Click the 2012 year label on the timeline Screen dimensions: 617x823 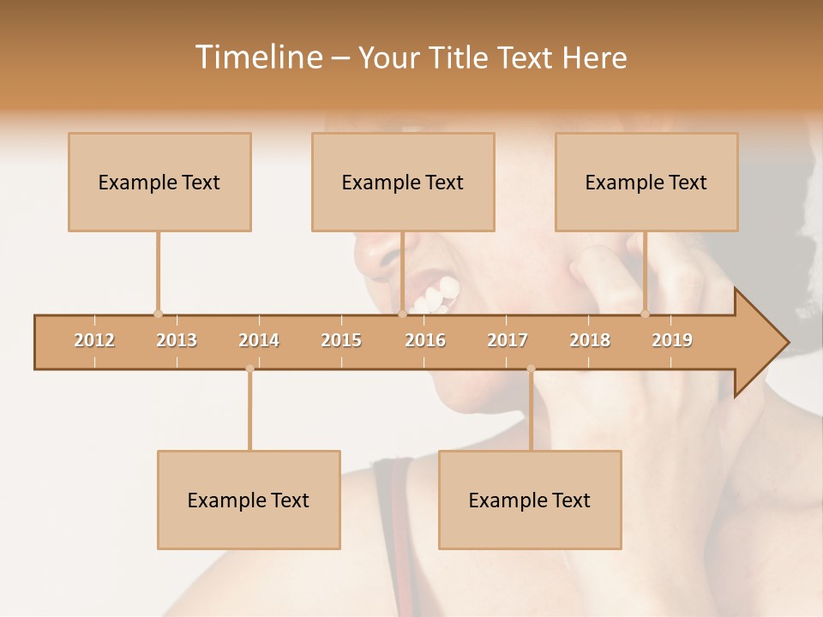(94, 340)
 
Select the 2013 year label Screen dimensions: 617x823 (177, 340)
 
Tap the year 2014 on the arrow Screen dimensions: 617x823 (259, 340)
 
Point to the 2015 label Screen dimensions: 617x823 (341, 340)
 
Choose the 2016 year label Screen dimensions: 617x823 (425, 340)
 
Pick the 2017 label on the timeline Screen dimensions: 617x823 (508, 340)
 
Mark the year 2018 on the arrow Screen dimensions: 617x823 (590, 340)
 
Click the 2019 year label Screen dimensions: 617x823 (672, 340)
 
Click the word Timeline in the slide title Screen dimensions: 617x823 (257, 57)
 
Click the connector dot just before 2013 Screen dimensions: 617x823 (158, 314)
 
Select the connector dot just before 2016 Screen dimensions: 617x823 (402, 314)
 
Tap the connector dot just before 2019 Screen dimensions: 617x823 (646, 314)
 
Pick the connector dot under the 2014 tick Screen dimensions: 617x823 (249, 369)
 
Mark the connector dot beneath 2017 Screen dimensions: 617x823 (531, 369)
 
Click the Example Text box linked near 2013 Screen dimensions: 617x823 (159, 182)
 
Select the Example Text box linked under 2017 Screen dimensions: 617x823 (530, 500)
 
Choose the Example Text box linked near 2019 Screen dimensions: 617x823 (646, 182)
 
